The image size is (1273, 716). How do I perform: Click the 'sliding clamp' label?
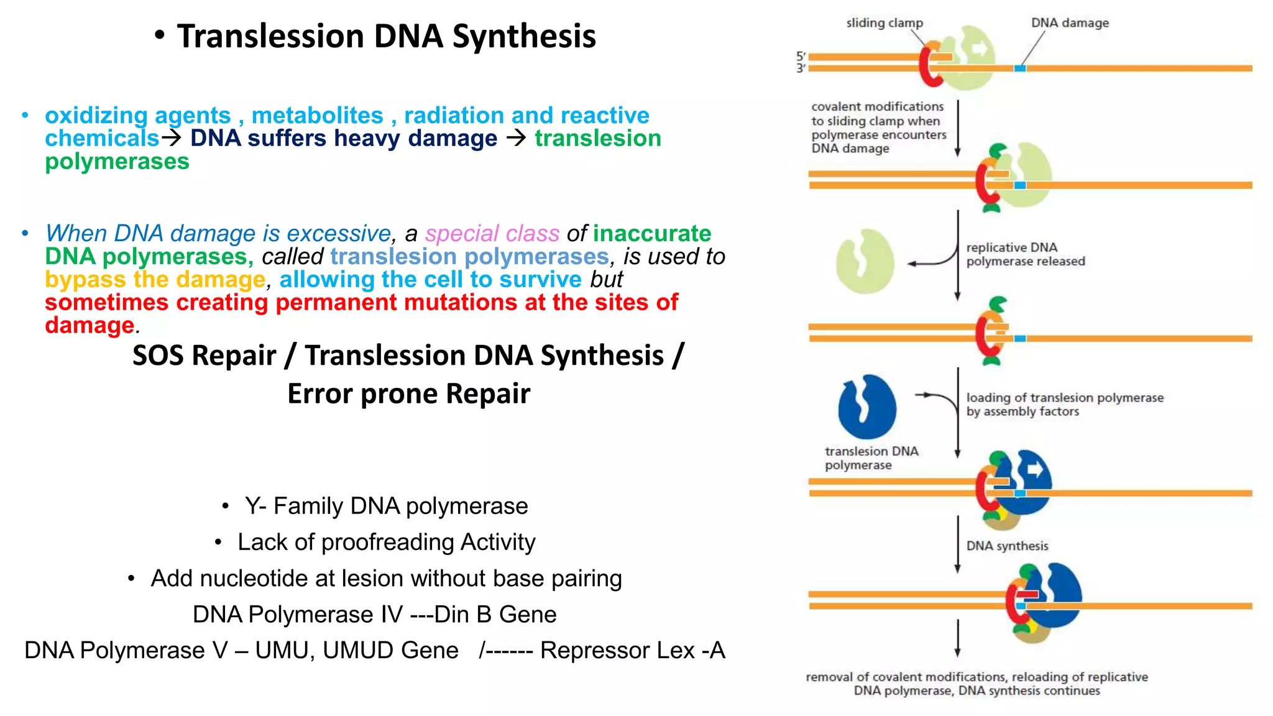pos(884,23)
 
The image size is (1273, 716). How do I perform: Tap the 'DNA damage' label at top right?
pos(1069,23)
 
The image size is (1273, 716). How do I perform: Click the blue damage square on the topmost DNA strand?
pos(1020,68)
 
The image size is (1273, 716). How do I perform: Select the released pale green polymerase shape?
pos(865,262)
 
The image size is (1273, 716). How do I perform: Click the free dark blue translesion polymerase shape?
pos(867,407)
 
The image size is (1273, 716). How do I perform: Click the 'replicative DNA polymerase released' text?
pos(1025,254)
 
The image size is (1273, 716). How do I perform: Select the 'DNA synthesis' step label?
pos(1007,546)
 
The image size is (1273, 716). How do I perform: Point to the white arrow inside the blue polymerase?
pos(1035,470)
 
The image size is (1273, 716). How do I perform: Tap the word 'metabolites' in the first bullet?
pos(317,116)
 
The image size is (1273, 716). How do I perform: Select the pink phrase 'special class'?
pos(492,234)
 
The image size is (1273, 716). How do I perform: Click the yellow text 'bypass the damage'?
pos(155,280)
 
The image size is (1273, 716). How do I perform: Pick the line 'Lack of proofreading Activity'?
pos(386,542)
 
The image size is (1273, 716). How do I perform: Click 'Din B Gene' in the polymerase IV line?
pos(495,614)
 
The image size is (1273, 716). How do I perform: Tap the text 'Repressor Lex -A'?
pos(632,650)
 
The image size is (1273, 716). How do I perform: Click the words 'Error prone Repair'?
pos(408,394)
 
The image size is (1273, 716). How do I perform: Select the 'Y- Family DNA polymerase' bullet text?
pos(386,506)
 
